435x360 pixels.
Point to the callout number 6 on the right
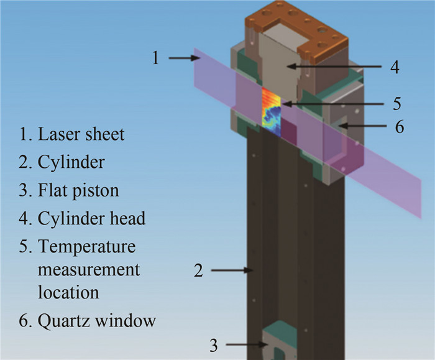tap(400, 127)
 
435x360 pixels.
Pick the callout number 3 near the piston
tap(213, 345)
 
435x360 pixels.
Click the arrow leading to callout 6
tap(358, 127)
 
